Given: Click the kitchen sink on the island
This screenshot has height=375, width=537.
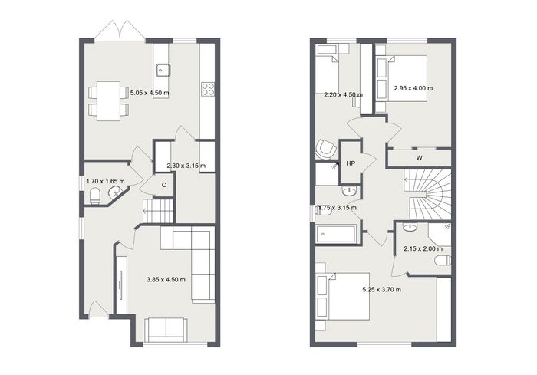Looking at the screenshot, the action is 163,71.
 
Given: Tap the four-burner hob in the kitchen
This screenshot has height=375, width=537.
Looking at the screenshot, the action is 208,89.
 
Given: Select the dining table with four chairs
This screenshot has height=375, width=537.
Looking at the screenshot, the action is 108,101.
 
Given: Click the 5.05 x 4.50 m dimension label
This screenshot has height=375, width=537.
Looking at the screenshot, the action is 150,93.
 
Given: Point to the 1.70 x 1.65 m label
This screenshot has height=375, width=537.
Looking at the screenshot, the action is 106,181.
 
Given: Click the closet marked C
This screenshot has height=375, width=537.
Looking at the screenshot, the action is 164,185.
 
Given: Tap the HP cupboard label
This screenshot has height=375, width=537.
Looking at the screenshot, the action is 351,163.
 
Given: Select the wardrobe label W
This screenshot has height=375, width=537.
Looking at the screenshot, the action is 419,158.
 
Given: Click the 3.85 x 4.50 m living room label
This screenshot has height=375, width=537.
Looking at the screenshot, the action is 166,280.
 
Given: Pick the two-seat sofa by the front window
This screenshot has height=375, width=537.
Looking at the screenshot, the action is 166,330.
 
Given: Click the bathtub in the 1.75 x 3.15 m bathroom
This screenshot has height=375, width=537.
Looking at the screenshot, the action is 336,234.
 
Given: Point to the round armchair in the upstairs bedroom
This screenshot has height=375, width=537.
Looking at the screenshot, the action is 326,149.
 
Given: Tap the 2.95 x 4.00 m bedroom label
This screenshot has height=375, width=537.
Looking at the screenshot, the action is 413,88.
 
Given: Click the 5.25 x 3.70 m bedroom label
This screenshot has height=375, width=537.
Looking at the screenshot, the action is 382,290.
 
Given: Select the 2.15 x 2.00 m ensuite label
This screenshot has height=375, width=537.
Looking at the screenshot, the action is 423,249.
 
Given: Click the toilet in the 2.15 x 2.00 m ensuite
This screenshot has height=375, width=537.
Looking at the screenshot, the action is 443,261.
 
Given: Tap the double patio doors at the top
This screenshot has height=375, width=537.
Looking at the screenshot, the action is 120,30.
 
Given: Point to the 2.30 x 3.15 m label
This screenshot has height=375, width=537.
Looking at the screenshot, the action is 186,166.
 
